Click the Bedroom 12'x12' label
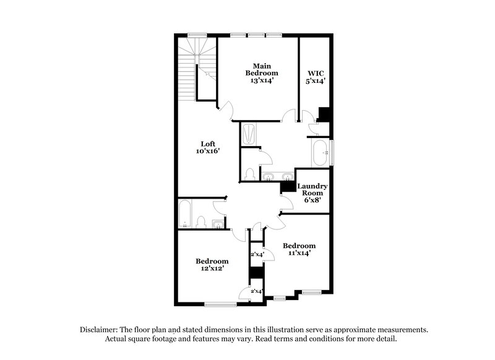(212, 265)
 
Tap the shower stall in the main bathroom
(248, 134)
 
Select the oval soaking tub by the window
(321, 153)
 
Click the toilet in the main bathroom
(249, 174)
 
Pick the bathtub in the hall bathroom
(185, 214)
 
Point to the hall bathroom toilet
(201, 221)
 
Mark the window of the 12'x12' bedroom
(221, 304)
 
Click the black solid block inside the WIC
(323, 114)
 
